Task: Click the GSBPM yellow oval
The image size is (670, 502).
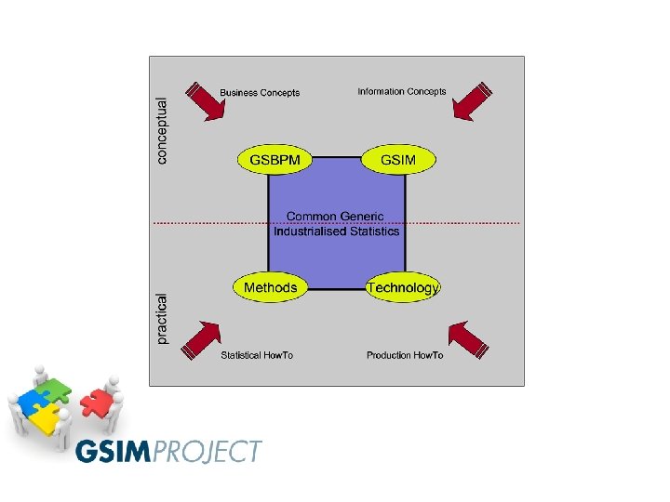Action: click(x=275, y=159)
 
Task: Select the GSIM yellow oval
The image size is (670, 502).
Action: click(x=399, y=159)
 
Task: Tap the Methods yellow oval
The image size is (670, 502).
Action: click(x=270, y=287)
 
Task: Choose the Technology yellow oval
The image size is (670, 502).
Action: click(x=402, y=288)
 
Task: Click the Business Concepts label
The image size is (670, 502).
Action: click(x=260, y=93)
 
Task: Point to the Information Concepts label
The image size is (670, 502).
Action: click(x=402, y=92)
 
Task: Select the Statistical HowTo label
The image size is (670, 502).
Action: click(x=257, y=356)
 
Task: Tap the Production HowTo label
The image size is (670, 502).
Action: click(x=405, y=356)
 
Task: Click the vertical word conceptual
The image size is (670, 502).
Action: click(x=164, y=132)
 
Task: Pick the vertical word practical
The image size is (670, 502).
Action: click(x=164, y=319)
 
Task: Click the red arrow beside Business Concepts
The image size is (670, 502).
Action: click(x=207, y=101)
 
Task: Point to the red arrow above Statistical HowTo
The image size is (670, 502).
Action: click(x=202, y=339)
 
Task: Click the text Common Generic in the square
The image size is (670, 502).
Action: click(x=335, y=217)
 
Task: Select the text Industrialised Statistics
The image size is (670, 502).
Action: click(x=336, y=231)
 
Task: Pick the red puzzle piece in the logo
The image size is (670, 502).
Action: click(x=95, y=403)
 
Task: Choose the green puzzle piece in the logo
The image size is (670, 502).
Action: click(x=56, y=386)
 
